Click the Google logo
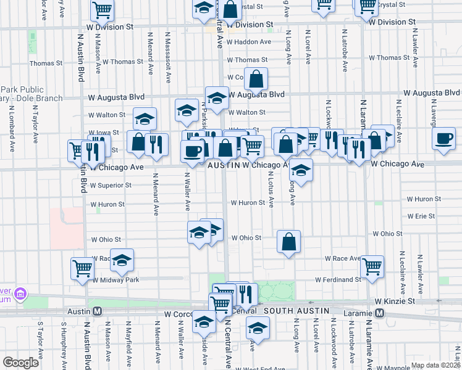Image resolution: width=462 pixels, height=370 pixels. pos(21,363)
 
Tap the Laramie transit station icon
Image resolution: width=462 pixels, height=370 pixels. pos(379,313)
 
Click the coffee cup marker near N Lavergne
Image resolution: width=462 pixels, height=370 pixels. pos(443,139)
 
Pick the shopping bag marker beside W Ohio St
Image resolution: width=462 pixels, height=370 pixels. pos(288,242)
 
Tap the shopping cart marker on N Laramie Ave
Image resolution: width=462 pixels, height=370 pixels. pos(372,267)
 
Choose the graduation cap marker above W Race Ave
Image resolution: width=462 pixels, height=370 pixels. pos(122,261)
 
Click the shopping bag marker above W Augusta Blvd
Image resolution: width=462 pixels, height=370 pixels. pos(256,79)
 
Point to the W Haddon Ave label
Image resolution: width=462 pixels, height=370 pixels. pos(249,42)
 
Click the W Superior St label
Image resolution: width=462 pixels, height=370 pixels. pos(111,185)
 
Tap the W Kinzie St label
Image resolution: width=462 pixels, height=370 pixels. pos(395,301)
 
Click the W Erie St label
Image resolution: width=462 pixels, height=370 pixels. pos(421,216)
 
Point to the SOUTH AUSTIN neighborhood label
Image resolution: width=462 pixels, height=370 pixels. pos(293,311)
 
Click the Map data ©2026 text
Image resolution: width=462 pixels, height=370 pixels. pos(435,365)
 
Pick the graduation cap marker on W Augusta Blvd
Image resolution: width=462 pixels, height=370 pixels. pos(217,98)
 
